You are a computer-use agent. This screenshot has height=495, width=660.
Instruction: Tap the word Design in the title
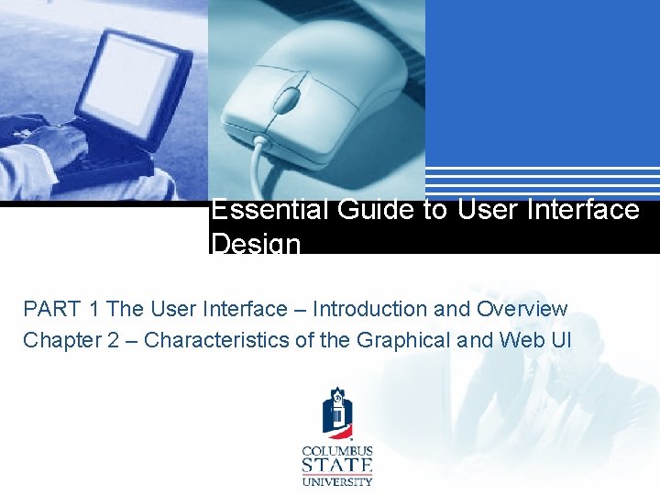point(256,244)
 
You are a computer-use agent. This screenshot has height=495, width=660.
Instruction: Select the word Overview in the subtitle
point(522,310)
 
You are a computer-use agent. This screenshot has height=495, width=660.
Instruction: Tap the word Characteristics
point(214,340)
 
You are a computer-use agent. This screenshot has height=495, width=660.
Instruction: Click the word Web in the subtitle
point(520,340)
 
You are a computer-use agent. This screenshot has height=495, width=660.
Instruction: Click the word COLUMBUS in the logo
point(337,451)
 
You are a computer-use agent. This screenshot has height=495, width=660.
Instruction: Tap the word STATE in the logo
point(337,466)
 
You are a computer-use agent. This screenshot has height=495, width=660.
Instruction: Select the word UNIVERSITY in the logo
point(337,480)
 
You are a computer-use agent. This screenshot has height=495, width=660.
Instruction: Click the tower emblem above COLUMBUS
point(337,414)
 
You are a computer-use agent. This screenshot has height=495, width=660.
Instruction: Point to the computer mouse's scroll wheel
point(288,99)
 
